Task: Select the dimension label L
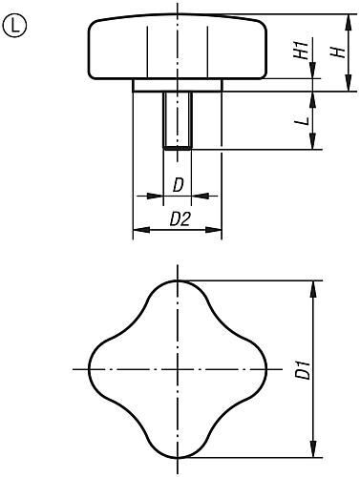click(x=300, y=122)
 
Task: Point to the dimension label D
click(x=178, y=184)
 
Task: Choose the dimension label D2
click(x=178, y=219)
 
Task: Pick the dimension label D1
click(x=302, y=368)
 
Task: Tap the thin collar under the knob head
click(x=178, y=86)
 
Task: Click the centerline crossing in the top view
click(x=178, y=368)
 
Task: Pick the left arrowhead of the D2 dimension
click(x=136, y=230)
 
